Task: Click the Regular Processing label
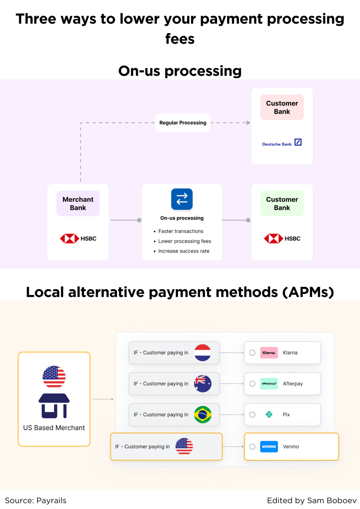coord(183,123)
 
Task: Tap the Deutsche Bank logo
coord(282,143)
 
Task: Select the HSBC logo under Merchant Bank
coord(78,239)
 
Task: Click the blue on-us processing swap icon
coord(182,199)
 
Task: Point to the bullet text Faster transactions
coord(181,231)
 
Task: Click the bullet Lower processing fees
coord(184,241)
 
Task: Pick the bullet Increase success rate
coord(184,251)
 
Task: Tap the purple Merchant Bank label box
coord(78,204)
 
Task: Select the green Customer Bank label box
coord(282,204)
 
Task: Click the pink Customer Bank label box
coord(282,107)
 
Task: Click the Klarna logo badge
coord(269,353)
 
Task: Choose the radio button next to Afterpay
coord(252,384)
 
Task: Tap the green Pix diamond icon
coord(269,414)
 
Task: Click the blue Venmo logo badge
coord(269,447)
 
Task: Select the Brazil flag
coord(203,414)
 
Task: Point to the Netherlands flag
coord(203,353)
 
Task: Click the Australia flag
coord(203,384)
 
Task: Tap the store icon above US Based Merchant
coord(54,406)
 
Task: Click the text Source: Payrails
coord(36,501)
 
